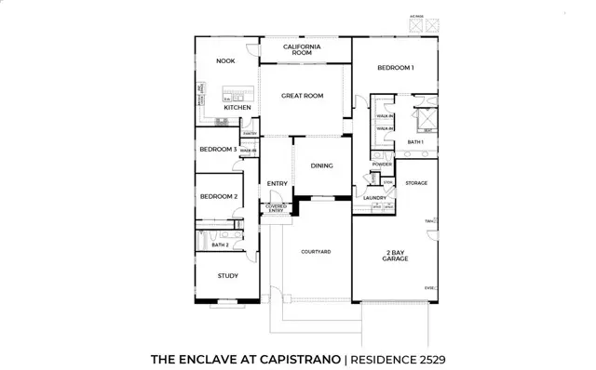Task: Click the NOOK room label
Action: [x=225, y=61]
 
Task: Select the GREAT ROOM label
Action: [x=302, y=96]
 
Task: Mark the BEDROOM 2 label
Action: [x=220, y=196]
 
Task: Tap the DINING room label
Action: [x=321, y=165]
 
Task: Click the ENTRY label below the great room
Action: [x=278, y=183]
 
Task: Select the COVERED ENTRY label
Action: [x=277, y=209]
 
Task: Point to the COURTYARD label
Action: [x=316, y=252]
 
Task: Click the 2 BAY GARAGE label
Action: [x=396, y=256]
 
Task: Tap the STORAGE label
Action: [x=416, y=183]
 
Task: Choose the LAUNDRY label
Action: [x=375, y=197]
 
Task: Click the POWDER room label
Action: [x=381, y=165]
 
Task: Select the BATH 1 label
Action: [x=415, y=142]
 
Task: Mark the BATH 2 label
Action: [x=220, y=245]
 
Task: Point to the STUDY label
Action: [x=227, y=276]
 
